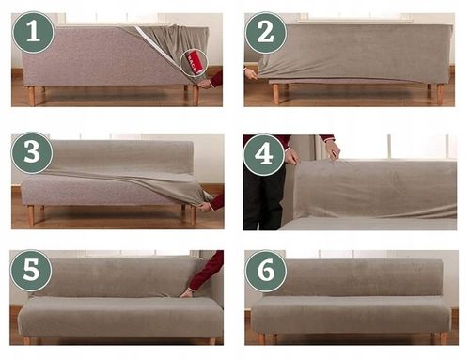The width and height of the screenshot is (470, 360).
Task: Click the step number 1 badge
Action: click(33, 32)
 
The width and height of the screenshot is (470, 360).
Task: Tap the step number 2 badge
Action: click(266, 33)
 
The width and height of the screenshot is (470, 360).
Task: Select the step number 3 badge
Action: click(32, 153)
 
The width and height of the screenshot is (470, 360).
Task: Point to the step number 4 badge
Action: click(264, 155)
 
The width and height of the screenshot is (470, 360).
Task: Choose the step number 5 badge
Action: click(31, 271)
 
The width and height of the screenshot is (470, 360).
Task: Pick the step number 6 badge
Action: click(266, 271)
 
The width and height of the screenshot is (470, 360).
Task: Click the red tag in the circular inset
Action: click(193, 63)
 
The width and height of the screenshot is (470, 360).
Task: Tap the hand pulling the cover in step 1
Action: click(205, 84)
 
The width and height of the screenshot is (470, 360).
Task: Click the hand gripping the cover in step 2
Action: click(251, 74)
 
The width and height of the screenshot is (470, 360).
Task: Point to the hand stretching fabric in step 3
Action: click(205, 207)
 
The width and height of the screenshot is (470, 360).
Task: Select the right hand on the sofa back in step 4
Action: click(333, 150)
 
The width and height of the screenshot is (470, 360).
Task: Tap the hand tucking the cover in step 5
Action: click(188, 293)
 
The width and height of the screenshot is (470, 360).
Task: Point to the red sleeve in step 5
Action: click(207, 270)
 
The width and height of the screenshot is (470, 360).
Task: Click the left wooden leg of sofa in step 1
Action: click(32, 96)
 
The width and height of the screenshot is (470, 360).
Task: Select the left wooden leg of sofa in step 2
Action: click(275, 94)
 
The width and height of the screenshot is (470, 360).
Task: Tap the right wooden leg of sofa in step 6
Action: click(443, 338)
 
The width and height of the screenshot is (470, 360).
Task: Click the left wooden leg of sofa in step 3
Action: click(31, 215)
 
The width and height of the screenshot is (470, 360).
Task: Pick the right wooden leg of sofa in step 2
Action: click(441, 94)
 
